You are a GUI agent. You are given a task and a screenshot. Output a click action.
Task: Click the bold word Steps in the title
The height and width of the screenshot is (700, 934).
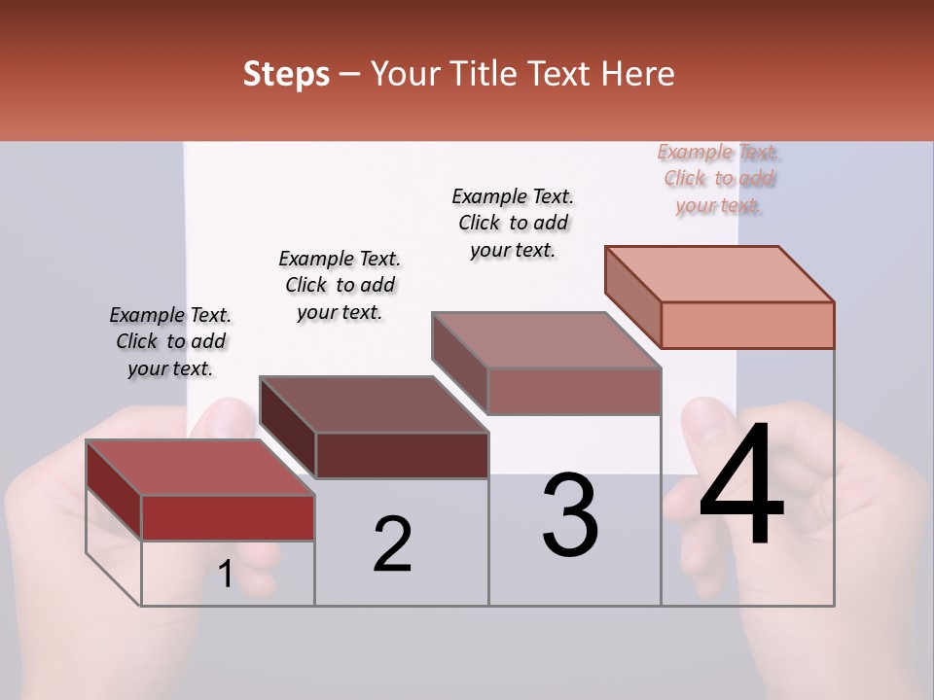[286, 74]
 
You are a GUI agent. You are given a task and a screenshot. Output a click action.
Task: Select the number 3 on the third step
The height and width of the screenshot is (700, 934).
[570, 515]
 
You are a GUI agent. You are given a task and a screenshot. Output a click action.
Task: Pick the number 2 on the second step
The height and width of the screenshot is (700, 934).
[392, 544]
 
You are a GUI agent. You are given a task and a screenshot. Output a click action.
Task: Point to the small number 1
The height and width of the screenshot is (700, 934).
[225, 575]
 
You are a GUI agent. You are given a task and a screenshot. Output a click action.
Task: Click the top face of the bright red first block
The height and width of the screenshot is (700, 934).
[199, 467]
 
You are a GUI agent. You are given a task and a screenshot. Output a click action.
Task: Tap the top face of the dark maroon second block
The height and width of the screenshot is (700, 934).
[374, 403]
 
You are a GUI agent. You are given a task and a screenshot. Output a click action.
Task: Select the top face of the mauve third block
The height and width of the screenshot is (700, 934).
[546, 340]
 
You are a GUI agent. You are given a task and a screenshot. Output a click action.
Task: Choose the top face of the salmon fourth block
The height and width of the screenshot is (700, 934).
[720, 274]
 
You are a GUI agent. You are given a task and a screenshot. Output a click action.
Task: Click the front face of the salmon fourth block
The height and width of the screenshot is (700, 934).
[747, 325]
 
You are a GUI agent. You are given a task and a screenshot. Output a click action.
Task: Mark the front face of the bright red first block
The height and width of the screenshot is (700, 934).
[228, 517]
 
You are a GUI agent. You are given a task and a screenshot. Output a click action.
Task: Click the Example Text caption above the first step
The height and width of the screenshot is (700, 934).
[170, 341]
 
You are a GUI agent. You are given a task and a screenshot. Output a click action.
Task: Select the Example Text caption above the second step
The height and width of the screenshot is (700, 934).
[340, 285]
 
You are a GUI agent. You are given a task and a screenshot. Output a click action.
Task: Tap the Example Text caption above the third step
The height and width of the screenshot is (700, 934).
[513, 223]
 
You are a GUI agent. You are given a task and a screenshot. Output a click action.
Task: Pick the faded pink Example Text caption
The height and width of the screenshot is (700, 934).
[719, 179]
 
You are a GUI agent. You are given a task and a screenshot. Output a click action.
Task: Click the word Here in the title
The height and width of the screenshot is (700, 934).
[638, 74]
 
